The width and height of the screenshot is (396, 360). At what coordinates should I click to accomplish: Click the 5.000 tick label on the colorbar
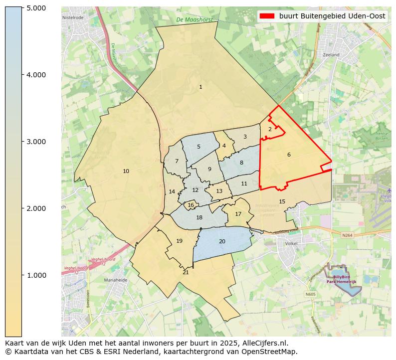(36, 8)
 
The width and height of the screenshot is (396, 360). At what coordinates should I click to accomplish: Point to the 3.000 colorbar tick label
(36, 142)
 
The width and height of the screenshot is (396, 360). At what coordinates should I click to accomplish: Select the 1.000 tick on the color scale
(36, 275)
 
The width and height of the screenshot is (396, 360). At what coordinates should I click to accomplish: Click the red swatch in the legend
(267, 16)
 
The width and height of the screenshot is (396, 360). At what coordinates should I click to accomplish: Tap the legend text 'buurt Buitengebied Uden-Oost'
(332, 16)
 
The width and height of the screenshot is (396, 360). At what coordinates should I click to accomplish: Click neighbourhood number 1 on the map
(200, 87)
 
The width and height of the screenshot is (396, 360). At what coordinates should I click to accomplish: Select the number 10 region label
(126, 172)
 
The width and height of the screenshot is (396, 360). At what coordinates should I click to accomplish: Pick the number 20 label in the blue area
(222, 241)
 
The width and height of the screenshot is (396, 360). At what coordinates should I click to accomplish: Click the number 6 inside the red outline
(289, 155)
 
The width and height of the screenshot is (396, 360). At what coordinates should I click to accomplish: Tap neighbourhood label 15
(282, 201)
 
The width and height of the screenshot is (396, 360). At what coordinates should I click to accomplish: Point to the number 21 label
(186, 272)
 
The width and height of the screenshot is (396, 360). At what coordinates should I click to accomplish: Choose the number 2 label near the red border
(270, 129)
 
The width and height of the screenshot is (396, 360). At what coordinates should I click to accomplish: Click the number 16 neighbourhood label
(191, 205)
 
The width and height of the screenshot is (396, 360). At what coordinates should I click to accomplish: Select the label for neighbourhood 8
(241, 163)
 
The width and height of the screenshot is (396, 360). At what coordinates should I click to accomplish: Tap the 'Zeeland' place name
(331, 55)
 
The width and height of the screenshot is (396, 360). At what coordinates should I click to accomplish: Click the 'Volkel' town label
(291, 244)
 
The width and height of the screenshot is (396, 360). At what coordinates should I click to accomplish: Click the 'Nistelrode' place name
(73, 17)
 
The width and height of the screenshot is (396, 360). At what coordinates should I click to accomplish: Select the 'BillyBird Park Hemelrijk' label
(342, 279)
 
